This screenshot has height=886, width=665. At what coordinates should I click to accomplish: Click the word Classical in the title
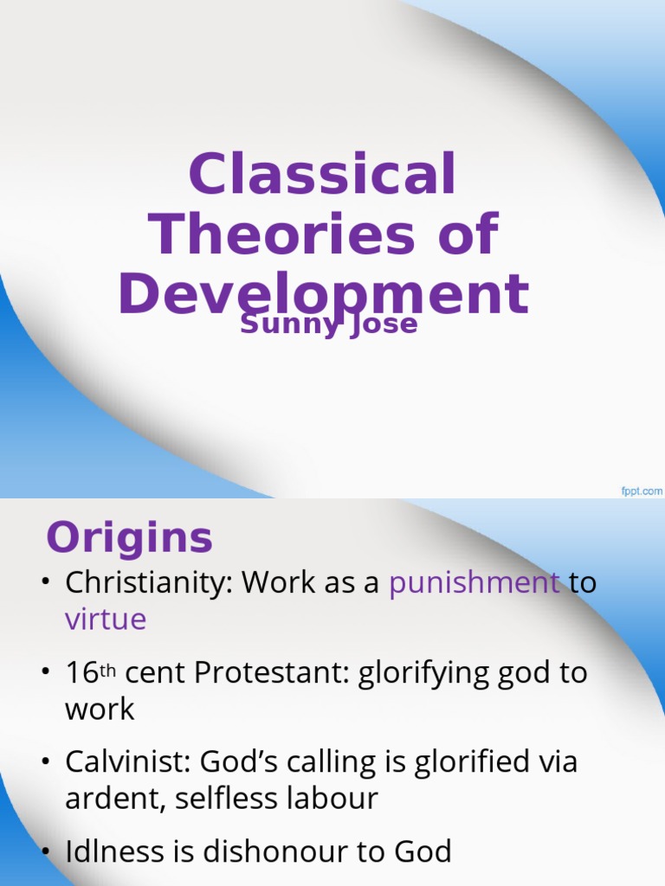coord(322,174)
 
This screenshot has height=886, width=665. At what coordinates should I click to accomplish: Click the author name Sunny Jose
coord(329,324)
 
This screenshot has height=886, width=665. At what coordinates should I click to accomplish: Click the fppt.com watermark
coord(641,491)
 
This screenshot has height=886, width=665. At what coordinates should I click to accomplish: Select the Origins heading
coord(129,538)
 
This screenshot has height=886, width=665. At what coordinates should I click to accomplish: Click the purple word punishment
coord(474,583)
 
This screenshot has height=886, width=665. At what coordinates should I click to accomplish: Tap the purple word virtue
coord(106,619)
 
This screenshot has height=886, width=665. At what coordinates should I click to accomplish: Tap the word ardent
coord(115,798)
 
